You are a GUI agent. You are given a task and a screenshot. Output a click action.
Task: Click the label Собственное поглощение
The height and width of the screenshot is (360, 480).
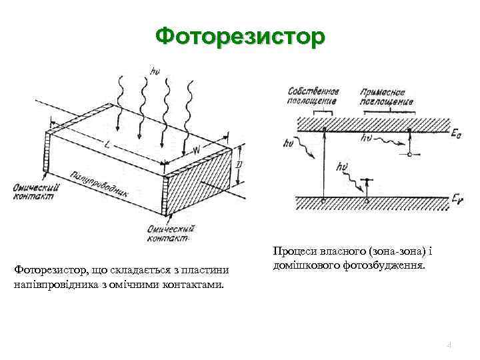(x=313, y=96)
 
